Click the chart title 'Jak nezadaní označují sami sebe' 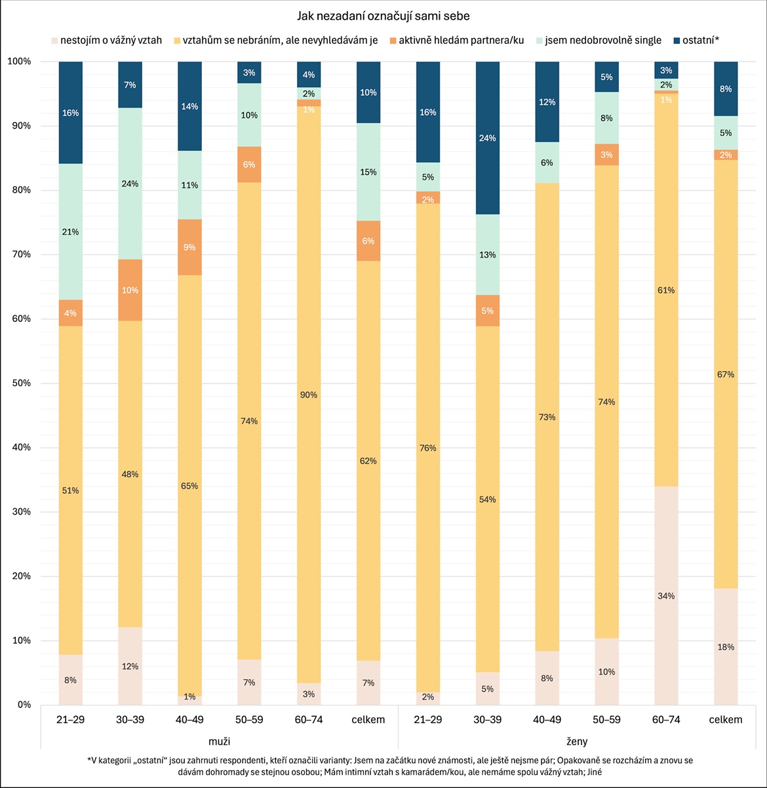point(383,16)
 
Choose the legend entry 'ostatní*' point(700,41)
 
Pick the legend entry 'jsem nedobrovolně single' point(603,41)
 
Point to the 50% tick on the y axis point(19,384)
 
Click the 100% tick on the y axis point(19,62)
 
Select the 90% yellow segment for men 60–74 point(309,395)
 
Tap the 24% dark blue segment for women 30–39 point(487,138)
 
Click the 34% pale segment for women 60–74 point(666,595)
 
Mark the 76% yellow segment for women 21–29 point(428,448)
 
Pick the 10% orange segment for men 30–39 point(130,290)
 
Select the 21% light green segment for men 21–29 point(70,231)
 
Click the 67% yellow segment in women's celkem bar point(726,374)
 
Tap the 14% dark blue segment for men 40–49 point(189,106)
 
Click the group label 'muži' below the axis point(219,741)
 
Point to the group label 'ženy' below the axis point(577,741)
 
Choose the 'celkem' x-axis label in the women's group point(726,720)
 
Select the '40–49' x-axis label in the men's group point(189,720)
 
